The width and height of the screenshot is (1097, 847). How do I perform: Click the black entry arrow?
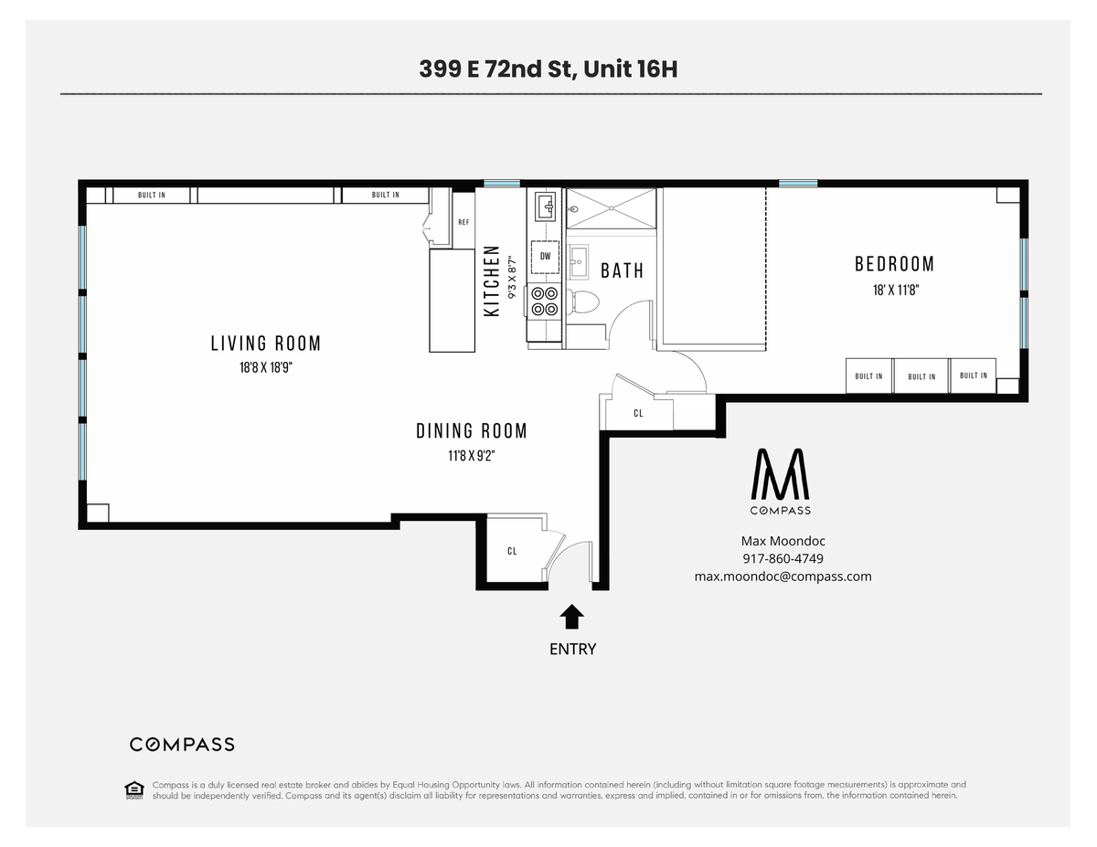coord(571,617)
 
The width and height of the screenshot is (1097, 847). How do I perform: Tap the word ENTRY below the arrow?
coord(572,649)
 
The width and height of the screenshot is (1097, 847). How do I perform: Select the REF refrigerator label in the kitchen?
coord(463,222)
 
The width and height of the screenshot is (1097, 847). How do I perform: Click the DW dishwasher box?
coord(545,257)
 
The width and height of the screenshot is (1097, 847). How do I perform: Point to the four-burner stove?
coord(545,302)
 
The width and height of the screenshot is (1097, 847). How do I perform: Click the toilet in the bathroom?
coord(582,302)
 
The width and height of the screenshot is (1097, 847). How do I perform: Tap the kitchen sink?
coord(545,206)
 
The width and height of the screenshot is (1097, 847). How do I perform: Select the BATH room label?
coord(622,270)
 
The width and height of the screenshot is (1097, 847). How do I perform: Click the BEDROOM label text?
coord(894,264)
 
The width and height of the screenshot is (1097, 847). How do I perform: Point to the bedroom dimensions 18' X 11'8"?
coord(896,290)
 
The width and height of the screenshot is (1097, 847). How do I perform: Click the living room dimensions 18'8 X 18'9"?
coord(266,367)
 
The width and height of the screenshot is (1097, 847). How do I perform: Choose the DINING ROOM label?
coord(472,431)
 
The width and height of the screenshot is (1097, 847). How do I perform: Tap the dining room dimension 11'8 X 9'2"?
coord(472,456)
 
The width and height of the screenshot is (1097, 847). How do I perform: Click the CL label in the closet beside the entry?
coord(512,551)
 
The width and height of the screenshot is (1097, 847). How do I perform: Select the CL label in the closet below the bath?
coord(638,413)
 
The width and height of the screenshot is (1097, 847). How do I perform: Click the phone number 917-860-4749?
coord(783,558)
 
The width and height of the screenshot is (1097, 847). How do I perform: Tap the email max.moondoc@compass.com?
coord(783,577)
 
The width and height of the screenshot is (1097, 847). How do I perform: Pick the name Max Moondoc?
coord(783,541)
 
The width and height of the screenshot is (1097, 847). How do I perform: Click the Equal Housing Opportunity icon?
coord(134,790)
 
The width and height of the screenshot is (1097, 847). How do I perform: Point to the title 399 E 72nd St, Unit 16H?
coord(548,69)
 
